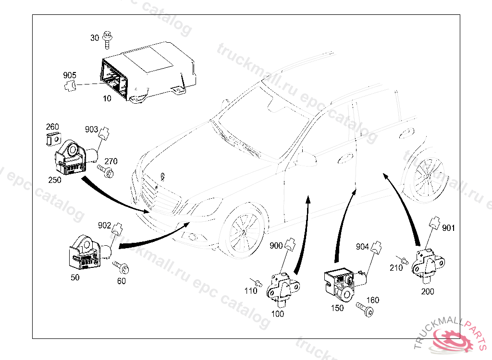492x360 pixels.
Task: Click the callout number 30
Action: [x=94, y=37]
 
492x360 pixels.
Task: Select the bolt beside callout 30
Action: [x=108, y=39]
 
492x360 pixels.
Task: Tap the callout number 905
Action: [x=70, y=75]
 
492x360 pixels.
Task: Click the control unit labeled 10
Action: [x=144, y=72]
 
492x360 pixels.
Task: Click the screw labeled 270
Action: [x=106, y=171]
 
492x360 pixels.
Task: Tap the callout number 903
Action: [x=91, y=130]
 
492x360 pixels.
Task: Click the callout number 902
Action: [x=104, y=225]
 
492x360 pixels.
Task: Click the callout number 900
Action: [x=276, y=246]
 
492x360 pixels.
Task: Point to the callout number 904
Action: [x=362, y=247]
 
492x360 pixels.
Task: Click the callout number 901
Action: [x=448, y=228]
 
